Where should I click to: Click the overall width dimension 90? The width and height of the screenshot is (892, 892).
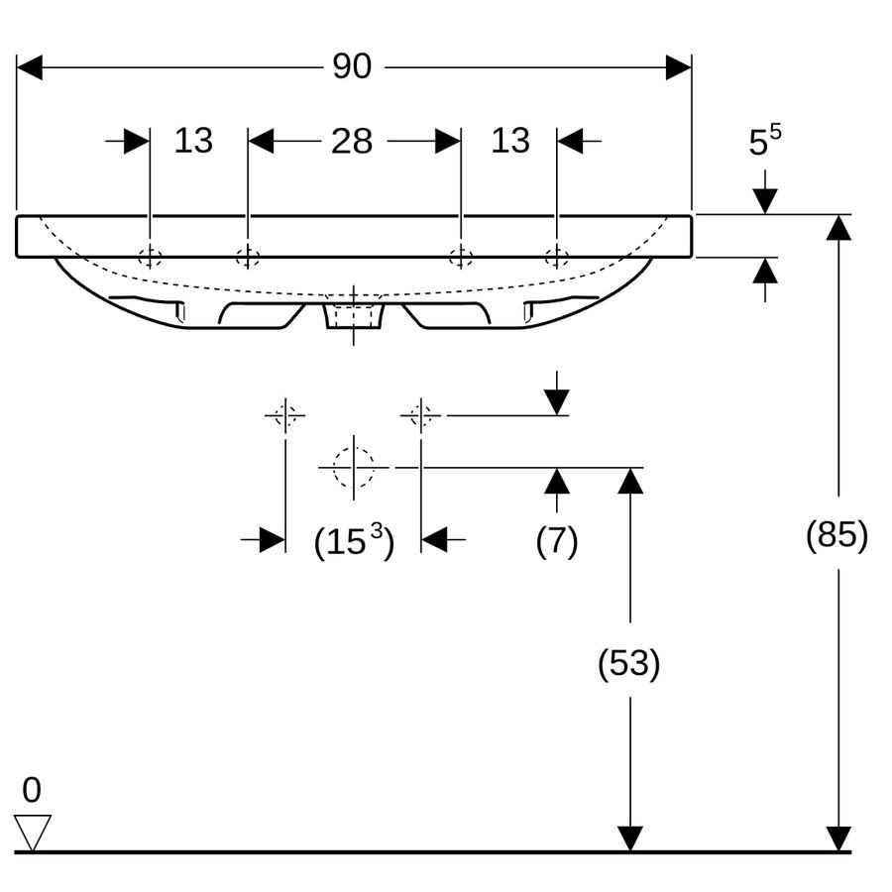pyautogui.click(x=352, y=66)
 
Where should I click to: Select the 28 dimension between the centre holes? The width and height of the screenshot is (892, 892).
pyautogui.click(x=352, y=141)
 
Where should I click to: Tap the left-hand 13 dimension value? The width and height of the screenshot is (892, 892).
pyautogui.click(x=193, y=141)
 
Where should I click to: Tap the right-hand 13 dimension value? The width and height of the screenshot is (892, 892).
pyautogui.click(x=510, y=141)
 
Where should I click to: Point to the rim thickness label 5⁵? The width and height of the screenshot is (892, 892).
pyautogui.click(x=764, y=141)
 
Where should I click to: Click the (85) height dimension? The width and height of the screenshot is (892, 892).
pyautogui.click(x=836, y=534)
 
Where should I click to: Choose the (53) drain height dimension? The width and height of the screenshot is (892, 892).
pyautogui.click(x=628, y=663)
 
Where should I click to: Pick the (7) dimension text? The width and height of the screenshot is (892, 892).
pyautogui.click(x=557, y=540)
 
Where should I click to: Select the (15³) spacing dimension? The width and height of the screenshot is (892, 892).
pyautogui.click(x=354, y=540)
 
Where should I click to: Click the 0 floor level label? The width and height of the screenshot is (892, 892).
pyautogui.click(x=32, y=790)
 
